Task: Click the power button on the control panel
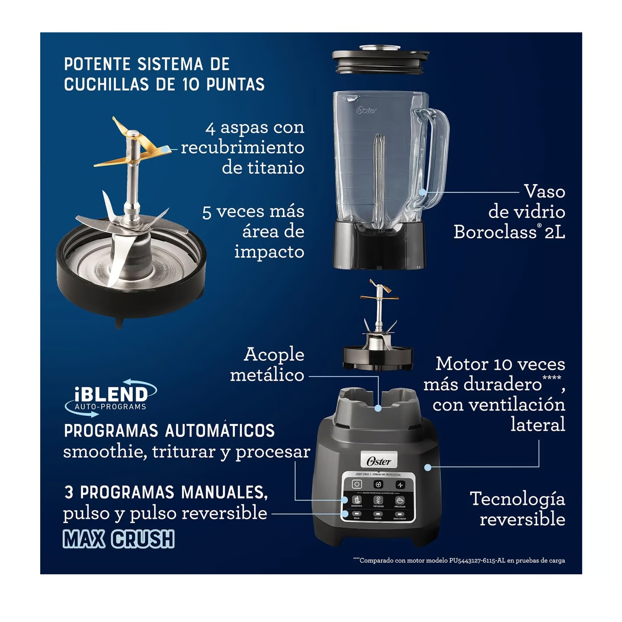(x=357, y=484)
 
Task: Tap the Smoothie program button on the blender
(x=357, y=501)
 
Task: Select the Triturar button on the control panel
(x=378, y=501)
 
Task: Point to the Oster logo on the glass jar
(x=367, y=110)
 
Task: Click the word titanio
(x=263, y=168)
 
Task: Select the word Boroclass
(x=495, y=232)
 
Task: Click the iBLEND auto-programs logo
(x=111, y=397)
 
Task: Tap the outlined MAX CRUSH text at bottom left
(x=119, y=539)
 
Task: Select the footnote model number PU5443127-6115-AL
(x=477, y=561)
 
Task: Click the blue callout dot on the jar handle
(x=422, y=192)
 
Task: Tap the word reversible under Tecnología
(x=522, y=519)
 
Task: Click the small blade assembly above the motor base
(x=378, y=332)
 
